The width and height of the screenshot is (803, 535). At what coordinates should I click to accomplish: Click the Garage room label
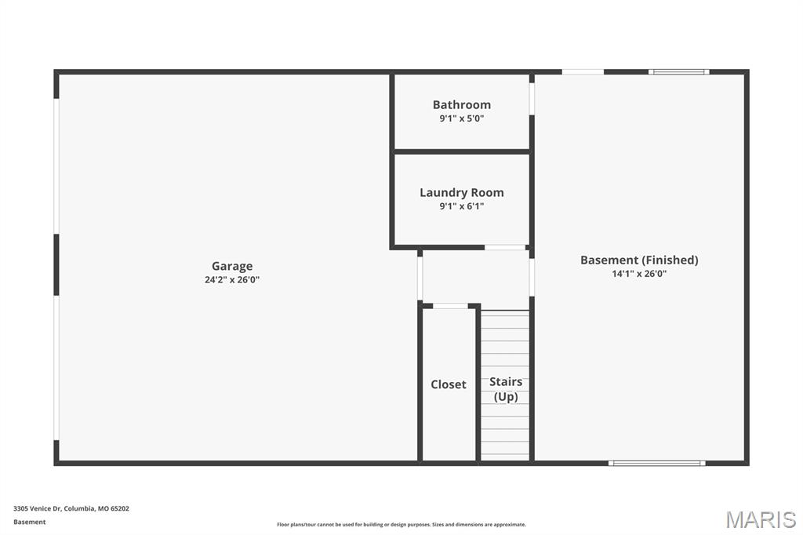pos(232,266)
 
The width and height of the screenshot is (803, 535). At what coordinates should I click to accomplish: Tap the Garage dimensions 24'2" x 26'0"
pos(232,279)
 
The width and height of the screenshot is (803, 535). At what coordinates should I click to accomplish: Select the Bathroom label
pos(462,104)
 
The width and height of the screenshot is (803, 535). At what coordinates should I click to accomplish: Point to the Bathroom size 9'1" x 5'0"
pos(462,118)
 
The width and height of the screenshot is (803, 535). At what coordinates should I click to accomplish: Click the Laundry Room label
pos(462,192)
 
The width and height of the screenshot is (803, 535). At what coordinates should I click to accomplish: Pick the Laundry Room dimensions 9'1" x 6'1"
pos(462,206)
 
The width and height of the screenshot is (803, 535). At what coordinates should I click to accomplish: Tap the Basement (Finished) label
pos(639,260)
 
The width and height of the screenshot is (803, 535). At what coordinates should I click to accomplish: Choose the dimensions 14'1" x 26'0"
pos(639,274)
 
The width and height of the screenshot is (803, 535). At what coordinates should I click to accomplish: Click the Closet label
pos(449,384)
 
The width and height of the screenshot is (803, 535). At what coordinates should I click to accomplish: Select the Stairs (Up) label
pos(506,389)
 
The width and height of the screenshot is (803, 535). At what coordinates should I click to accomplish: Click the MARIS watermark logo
pos(761,519)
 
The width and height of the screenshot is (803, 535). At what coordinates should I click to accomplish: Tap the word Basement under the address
pos(30,522)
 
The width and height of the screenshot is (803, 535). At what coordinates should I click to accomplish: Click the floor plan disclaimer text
pos(401,525)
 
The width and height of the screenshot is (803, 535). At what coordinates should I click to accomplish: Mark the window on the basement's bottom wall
pos(657,463)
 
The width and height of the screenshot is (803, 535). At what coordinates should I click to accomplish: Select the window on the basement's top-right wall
pos(679,72)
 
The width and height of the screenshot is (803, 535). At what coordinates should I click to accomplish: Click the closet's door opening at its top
pos(450,305)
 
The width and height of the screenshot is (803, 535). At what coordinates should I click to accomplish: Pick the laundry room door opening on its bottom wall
pos(505,248)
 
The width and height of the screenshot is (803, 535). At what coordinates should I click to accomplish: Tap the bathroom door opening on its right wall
pos(532,99)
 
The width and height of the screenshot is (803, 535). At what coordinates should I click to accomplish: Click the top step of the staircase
pos(505,315)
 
